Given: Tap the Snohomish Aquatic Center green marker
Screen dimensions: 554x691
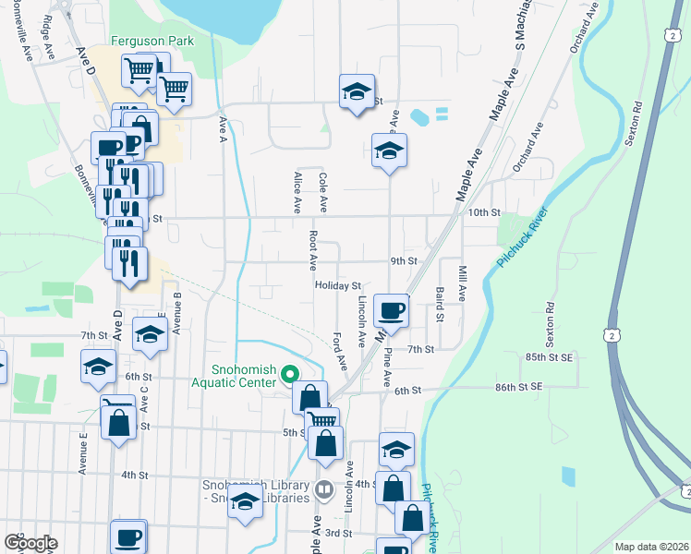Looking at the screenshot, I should [289, 375].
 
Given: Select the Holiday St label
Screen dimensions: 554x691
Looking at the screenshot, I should [337, 286].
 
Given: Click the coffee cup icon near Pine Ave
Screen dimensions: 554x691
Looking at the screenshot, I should [392, 311].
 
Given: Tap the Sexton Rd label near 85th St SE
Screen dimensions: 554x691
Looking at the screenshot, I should [550, 319].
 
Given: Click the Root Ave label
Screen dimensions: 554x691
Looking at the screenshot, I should [313, 247].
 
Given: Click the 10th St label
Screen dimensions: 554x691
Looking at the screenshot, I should [483, 211].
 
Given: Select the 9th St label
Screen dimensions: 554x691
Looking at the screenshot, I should [404, 261].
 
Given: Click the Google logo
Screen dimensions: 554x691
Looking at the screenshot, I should [30, 543].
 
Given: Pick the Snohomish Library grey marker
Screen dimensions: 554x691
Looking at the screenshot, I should [324, 488].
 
